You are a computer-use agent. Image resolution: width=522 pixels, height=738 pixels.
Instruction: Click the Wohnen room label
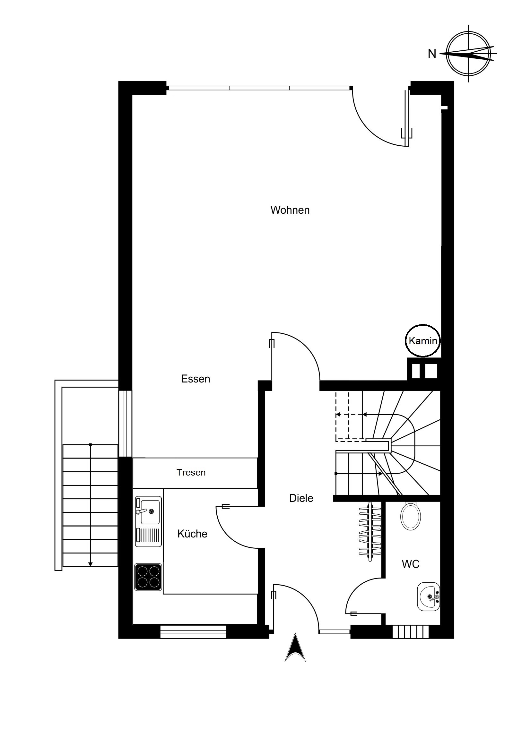290,210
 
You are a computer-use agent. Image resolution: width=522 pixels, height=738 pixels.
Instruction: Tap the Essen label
196,379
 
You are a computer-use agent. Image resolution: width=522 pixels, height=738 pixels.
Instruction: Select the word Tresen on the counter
191,472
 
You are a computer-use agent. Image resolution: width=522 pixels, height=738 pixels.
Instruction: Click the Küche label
192,534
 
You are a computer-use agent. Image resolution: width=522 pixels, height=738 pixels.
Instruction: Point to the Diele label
301,498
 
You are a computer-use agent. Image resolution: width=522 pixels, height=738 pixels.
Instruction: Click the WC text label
410,564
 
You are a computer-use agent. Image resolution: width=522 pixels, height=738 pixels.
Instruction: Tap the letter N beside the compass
431,54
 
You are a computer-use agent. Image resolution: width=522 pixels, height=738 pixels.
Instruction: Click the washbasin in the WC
428,596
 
